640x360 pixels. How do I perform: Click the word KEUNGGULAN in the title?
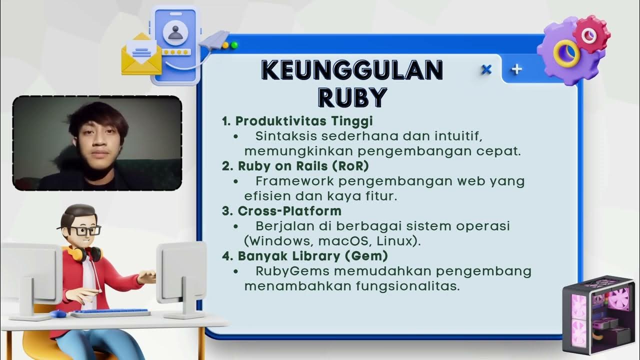(352, 70)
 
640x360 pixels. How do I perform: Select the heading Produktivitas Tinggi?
(304, 121)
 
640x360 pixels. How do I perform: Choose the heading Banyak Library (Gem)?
(312, 255)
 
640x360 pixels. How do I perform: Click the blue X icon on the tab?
(486, 70)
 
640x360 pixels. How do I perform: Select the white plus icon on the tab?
(516, 69)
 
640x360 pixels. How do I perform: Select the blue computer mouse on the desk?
(57, 314)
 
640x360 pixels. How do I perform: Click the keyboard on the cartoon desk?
(110, 313)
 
